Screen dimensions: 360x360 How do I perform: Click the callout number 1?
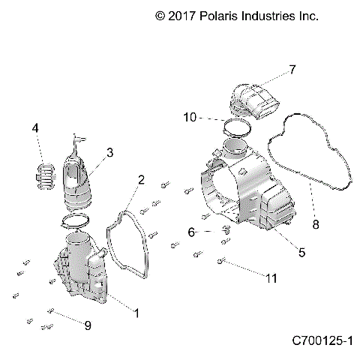135,310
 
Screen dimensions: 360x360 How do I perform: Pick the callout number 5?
301,253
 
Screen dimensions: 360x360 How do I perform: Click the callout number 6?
191,232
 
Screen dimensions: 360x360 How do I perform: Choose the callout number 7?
292,70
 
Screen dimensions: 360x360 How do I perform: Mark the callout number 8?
315,223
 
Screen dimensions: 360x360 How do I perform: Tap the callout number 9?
87,325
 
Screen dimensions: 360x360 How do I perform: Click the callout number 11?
271,278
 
